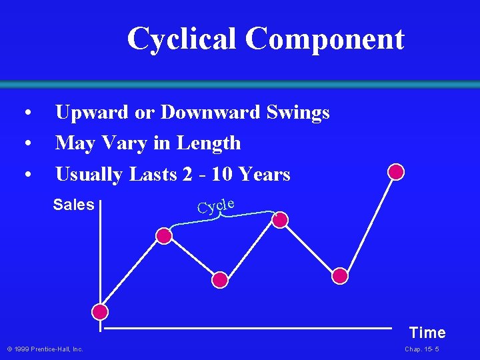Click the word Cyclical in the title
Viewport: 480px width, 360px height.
[182, 39]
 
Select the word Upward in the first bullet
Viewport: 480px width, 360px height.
[93, 112]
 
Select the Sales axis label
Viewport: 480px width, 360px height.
[73, 205]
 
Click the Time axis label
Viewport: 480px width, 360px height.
[427, 333]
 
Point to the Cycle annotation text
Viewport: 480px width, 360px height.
[215, 205]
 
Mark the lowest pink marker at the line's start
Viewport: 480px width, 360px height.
[100, 312]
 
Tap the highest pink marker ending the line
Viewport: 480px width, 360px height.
[396, 172]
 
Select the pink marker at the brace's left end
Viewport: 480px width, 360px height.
[164, 235]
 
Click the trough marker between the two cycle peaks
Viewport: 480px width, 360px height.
[220, 279]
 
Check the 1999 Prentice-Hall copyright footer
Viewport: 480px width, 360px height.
[45, 349]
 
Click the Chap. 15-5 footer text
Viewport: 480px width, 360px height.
[421, 349]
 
